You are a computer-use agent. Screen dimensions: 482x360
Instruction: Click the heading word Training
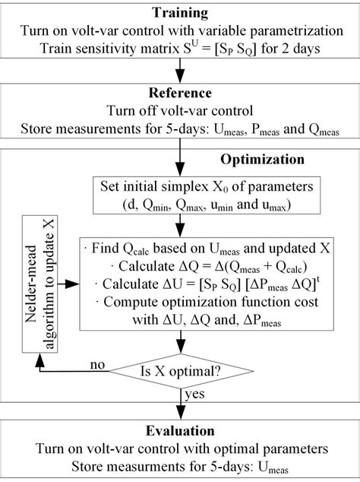(180, 12)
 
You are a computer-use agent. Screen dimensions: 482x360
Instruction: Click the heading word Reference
(180, 94)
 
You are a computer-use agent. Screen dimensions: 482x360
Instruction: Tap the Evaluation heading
(180, 431)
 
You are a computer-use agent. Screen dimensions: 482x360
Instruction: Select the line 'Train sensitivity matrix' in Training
(180, 46)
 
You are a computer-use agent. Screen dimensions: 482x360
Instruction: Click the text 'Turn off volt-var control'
(180, 110)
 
